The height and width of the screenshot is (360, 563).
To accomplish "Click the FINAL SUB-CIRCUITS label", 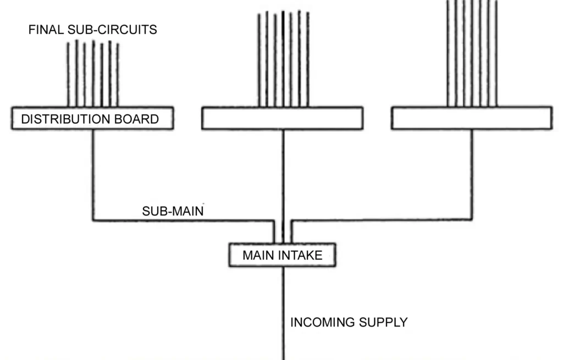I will [x=92, y=30].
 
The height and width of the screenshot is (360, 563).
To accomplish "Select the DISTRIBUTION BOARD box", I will [x=92, y=119].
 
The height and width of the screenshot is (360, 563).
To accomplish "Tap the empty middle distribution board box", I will [x=282, y=119].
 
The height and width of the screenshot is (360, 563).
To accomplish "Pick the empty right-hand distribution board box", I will [x=471, y=119].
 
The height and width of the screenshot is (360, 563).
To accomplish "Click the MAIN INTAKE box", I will [x=283, y=256].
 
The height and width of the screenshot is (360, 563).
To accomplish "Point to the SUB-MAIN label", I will [x=173, y=211].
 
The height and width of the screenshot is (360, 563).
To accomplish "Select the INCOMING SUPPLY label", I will [x=349, y=322].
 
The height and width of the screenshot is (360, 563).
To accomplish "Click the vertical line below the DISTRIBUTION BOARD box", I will [x=92, y=176].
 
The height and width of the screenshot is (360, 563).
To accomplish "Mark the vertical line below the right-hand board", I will [x=472, y=176].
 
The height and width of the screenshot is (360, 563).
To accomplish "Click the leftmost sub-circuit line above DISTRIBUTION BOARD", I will [x=68, y=74].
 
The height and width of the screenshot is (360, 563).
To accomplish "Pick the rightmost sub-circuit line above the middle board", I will [x=307, y=60].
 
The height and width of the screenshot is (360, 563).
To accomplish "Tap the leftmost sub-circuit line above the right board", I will [x=448, y=55].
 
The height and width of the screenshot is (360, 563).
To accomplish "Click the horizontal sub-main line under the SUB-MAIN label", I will [x=181, y=221].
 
